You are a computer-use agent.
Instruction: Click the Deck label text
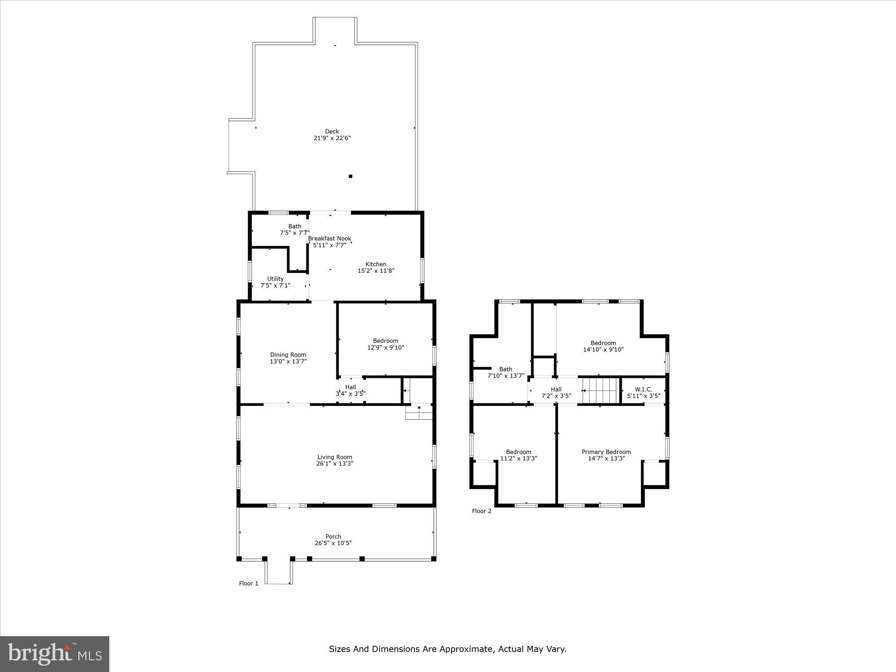pyautogui.click(x=332, y=131)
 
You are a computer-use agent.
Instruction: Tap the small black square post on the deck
pyautogui.click(x=350, y=177)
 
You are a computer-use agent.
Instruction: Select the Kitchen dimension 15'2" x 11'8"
pyautogui.click(x=376, y=271)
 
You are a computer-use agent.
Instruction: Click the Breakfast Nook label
pyautogui.click(x=330, y=238)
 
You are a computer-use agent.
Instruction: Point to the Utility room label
pyautogui.click(x=276, y=279)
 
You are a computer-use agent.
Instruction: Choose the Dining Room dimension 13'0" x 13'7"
pyautogui.click(x=288, y=361)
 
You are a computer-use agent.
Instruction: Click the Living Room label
pyautogui.click(x=335, y=457)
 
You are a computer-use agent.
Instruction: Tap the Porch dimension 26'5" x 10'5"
pyautogui.click(x=333, y=543)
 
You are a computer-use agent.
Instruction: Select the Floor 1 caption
pyautogui.click(x=249, y=583)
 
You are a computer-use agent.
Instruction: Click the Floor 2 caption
pyautogui.click(x=482, y=511)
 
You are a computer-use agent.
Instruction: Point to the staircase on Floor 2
pyautogui.click(x=600, y=391)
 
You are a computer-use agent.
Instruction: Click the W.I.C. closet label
pyautogui.click(x=643, y=389)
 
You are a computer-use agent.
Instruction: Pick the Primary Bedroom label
pyautogui.click(x=606, y=452)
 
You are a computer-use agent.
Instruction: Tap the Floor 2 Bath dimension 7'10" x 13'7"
pyautogui.click(x=506, y=376)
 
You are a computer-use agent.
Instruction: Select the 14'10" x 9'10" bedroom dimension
pyautogui.click(x=603, y=349)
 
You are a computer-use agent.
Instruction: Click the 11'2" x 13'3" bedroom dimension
pyautogui.click(x=519, y=458)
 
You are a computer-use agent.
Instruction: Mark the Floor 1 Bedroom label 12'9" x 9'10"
pyautogui.click(x=386, y=340)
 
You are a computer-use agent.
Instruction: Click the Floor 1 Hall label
pyautogui.click(x=351, y=387)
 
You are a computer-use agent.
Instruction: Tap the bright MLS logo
pyautogui.click(x=55, y=654)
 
